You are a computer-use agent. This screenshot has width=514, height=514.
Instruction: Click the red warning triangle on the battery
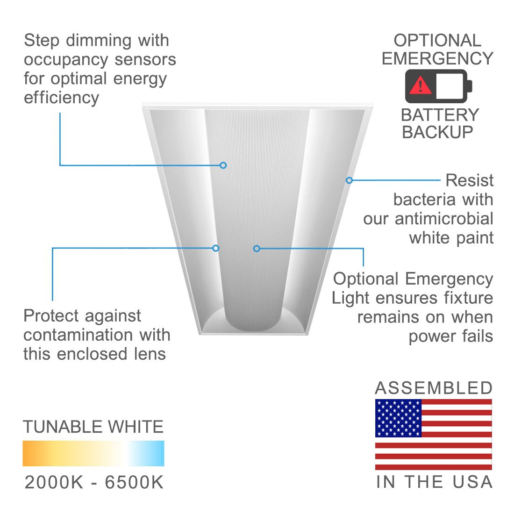coord(420,85)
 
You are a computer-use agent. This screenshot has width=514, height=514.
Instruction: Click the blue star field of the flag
coord(398,418)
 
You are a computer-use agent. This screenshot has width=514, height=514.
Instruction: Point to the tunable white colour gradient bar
coord(93,453)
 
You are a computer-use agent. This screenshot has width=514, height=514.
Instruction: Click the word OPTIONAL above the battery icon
coord(437,41)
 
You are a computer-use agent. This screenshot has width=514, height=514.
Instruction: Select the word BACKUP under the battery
coord(437,132)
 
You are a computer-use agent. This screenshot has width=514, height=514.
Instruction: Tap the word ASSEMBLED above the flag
coord(434,388)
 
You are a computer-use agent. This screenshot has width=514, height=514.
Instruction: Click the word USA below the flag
coord(472,482)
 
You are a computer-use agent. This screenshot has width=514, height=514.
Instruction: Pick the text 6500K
coord(134,482)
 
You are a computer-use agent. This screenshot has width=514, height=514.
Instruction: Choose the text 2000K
coord(54,482)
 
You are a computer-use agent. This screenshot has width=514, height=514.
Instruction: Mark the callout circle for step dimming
coord(223,165)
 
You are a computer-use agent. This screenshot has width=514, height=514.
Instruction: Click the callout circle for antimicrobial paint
coord(350,180)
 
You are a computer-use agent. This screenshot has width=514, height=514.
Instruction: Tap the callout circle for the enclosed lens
coord(216,248)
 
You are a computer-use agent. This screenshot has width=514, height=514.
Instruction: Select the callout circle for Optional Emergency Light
coord(257,249)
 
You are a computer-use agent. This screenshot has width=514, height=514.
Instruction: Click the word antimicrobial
coord(444,219)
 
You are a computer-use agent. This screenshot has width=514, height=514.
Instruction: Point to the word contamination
coord(78,335)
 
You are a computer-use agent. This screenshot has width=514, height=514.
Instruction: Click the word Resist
coord(470,180)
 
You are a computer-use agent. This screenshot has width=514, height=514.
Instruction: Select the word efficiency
coord(61,98)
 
